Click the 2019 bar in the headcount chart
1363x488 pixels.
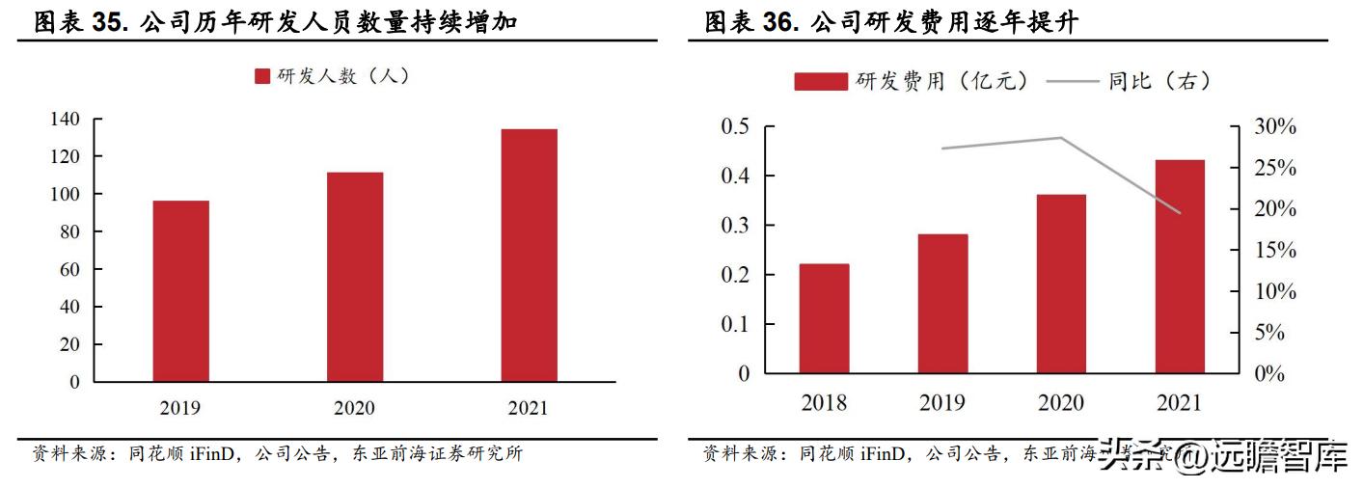click(x=180, y=290)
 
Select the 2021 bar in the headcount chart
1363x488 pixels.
click(x=529, y=255)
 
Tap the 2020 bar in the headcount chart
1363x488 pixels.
click(x=354, y=277)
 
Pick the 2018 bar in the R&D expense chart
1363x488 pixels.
click(x=824, y=318)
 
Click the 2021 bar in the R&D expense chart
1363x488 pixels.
click(x=1180, y=266)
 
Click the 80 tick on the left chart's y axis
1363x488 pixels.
click(x=68, y=231)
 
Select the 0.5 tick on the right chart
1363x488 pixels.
click(x=736, y=126)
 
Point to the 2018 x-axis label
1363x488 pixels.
click(x=824, y=402)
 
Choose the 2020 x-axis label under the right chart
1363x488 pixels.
click(x=1061, y=402)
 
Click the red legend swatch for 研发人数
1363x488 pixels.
click(x=262, y=76)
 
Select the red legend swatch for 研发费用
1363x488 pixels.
click(x=820, y=82)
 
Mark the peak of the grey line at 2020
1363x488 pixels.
click(x=1061, y=138)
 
